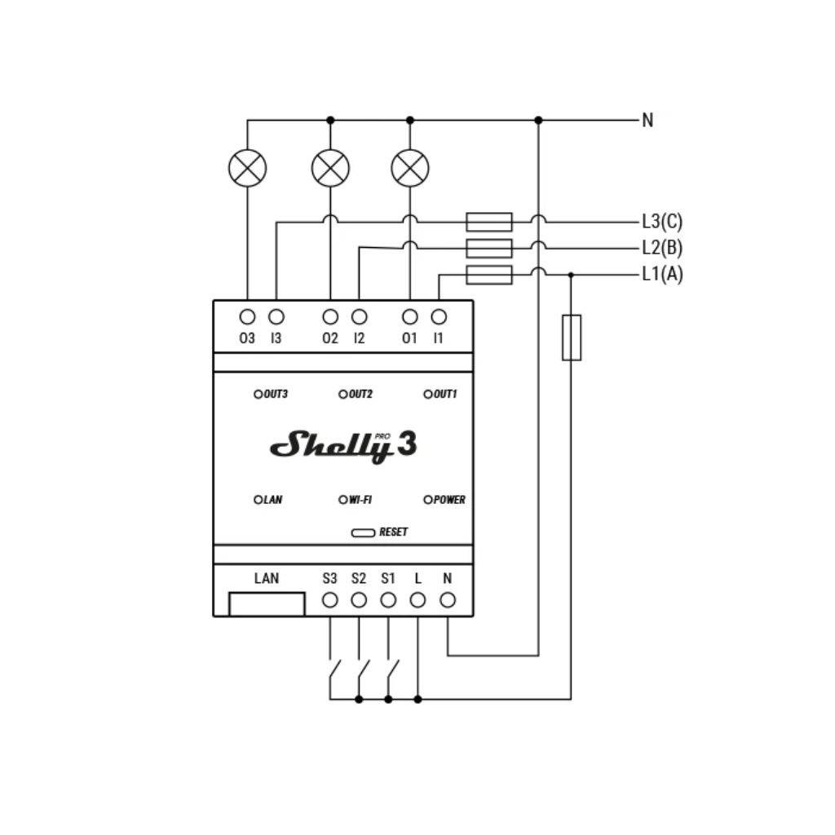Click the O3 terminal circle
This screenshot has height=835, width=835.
248,316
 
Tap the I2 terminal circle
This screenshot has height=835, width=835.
359,316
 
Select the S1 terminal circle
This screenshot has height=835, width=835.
388,600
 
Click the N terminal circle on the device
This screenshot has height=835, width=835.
448,600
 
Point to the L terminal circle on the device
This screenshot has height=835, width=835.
417,600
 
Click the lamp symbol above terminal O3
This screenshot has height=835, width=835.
248,168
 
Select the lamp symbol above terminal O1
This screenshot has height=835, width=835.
410,168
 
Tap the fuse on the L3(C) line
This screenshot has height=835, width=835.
489,222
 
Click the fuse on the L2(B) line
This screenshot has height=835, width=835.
489,248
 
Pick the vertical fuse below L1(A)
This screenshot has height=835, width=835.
572,337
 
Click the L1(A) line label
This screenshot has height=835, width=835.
662,274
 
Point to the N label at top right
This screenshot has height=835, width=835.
647,120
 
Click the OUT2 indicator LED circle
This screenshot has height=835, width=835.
343,395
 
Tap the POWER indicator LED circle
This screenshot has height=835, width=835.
428,500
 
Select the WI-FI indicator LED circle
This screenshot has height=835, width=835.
343,500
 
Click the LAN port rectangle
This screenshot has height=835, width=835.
267,604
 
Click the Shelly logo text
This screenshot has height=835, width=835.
331,446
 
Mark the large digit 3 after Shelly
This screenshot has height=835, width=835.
407,445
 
